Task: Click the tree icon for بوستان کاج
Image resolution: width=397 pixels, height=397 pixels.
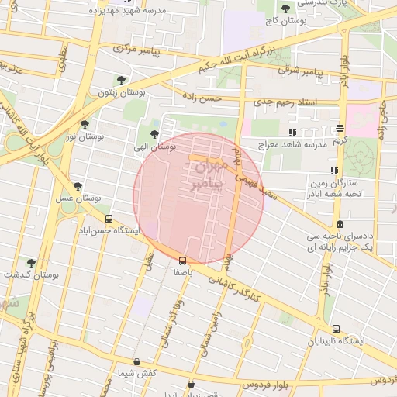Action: coord(286,9)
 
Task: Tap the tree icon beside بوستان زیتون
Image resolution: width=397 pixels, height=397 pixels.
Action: coord(120,79)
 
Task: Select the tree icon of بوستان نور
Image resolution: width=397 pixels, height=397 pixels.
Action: coord(85,123)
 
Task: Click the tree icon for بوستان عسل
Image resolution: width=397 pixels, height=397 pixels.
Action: coord(78,186)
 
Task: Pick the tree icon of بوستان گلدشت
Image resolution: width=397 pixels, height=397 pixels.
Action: coord(31,263)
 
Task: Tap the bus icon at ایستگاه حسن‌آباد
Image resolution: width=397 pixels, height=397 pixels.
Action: coord(109,219)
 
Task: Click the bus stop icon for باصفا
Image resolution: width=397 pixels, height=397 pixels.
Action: coord(183,261)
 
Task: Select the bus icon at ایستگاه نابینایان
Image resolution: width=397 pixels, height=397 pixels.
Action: coord(336,329)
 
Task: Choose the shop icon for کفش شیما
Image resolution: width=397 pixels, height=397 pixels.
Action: coord(137,361)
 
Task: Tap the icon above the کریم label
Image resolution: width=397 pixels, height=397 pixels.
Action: coord(340,128)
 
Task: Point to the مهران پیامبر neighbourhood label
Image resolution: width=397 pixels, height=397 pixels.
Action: coord(210,175)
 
